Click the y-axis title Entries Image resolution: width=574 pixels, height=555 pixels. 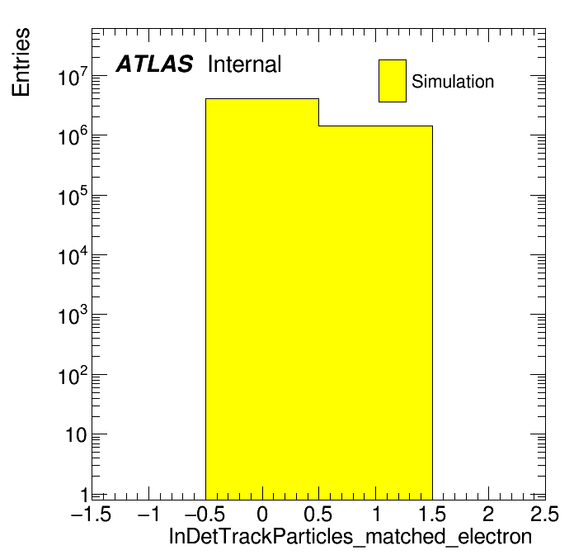(x=21, y=62)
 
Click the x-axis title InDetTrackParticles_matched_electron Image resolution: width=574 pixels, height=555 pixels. (x=351, y=537)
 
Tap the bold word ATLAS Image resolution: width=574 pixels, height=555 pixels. (x=154, y=64)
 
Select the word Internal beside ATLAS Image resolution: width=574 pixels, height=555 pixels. (x=245, y=64)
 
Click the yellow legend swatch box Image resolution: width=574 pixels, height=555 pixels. (x=393, y=81)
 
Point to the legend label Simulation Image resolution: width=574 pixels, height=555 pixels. (x=453, y=82)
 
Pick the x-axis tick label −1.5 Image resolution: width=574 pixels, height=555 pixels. (x=92, y=514)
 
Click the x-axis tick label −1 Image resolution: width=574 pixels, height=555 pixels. (x=149, y=514)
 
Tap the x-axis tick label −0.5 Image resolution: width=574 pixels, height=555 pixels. (x=205, y=514)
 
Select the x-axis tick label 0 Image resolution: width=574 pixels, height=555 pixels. (x=262, y=514)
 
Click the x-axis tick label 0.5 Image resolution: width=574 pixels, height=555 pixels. (x=318, y=514)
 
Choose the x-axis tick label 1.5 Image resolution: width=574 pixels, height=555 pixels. (x=432, y=514)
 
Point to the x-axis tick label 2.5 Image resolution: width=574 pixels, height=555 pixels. (x=544, y=514)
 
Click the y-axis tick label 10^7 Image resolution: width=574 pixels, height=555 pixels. (x=73, y=76)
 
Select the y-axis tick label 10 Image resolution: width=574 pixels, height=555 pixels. (x=77, y=435)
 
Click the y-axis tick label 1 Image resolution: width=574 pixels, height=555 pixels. (x=84, y=496)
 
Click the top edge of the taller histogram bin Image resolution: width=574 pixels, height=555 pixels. (x=262, y=98)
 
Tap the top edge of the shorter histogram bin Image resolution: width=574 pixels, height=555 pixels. (x=375, y=126)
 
